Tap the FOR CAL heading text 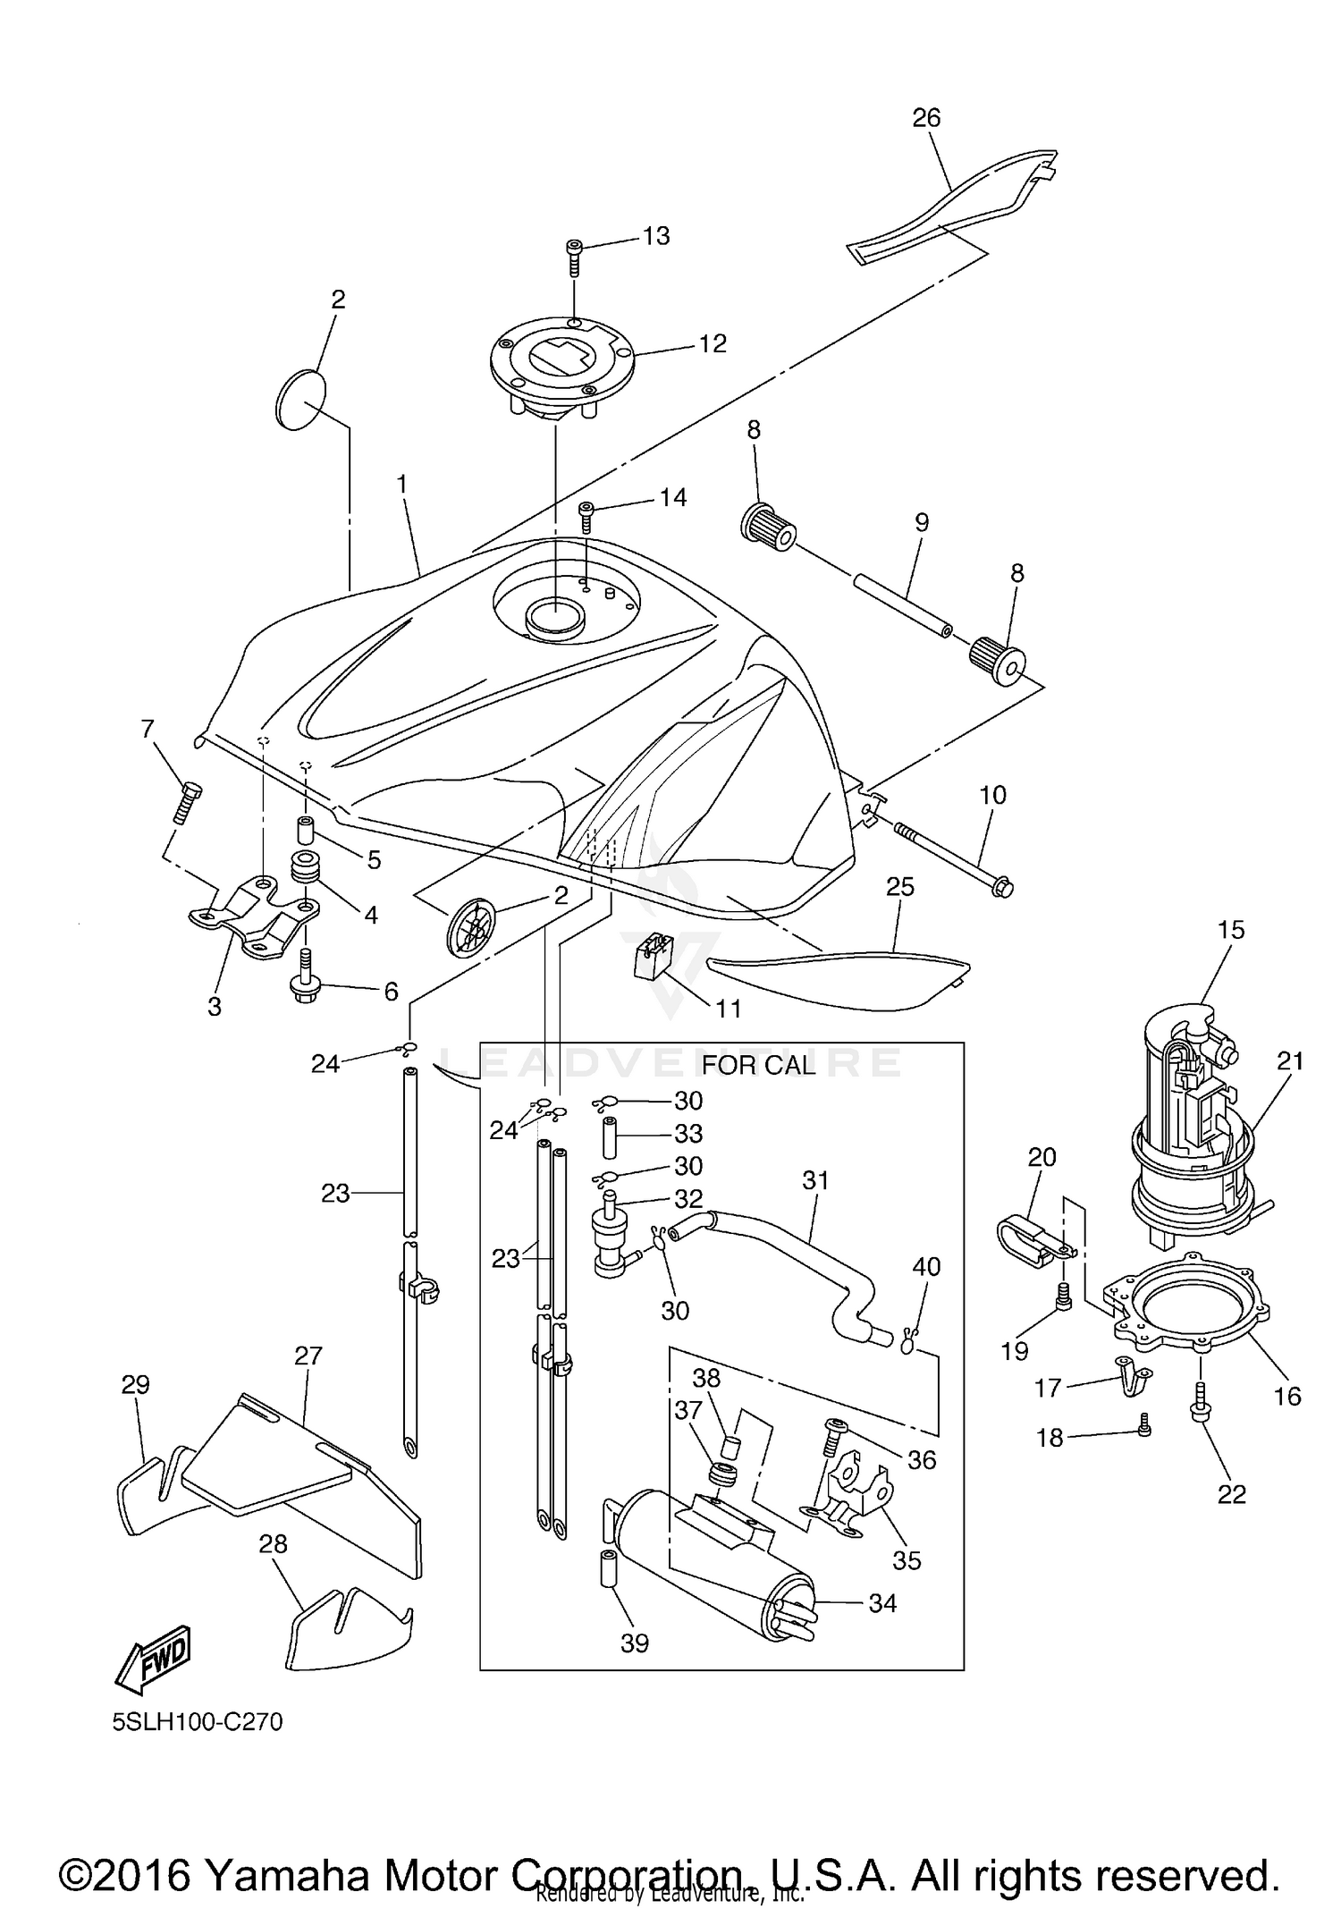pyautogui.click(x=758, y=1065)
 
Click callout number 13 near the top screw pyautogui.click(x=655, y=236)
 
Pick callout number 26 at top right pyautogui.click(x=926, y=117)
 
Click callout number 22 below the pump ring pyautogui.click(x=1231, y=1493)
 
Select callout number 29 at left pyautogui.click(x=135, y=1385)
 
